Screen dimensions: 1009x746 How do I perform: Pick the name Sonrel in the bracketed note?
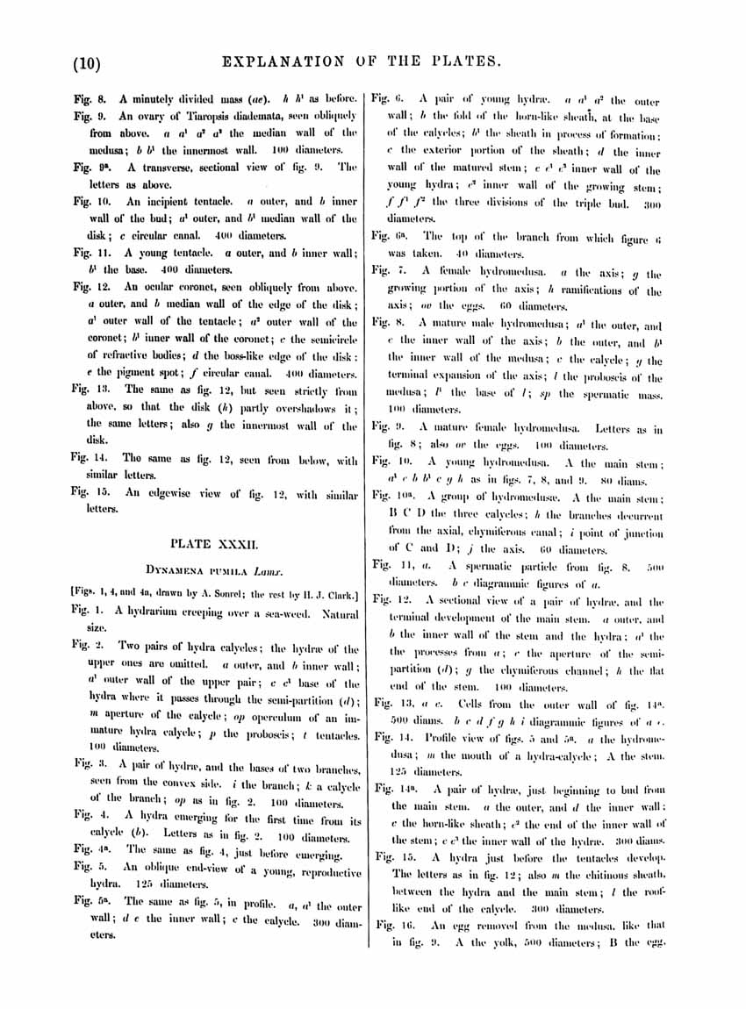click(210, 592)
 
